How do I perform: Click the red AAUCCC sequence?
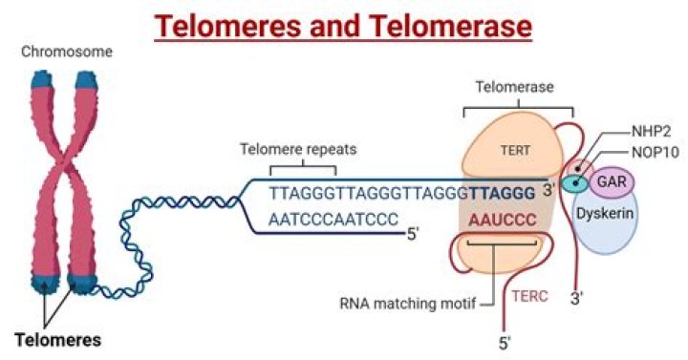coord(501,219)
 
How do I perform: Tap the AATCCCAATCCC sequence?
coord(332,219)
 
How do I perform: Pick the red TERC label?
coord(527,296)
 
